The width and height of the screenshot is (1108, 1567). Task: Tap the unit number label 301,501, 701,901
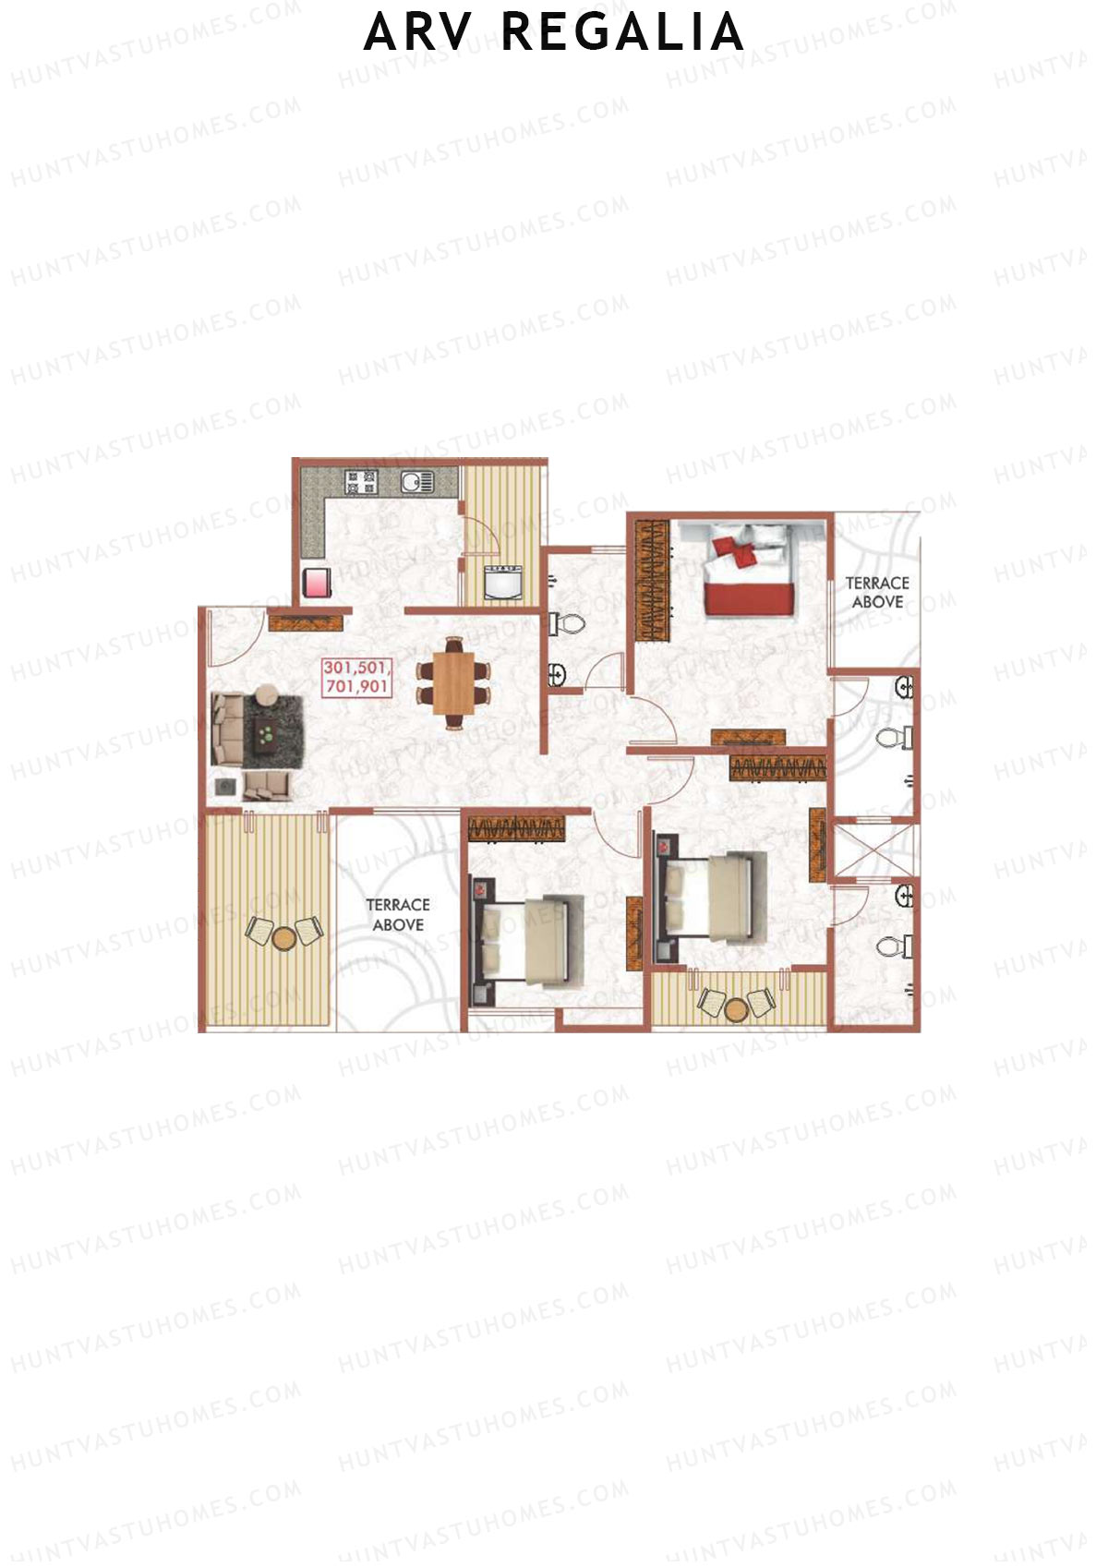(x=357, y=676)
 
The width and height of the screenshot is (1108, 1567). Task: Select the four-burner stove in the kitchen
(x=361, y=481)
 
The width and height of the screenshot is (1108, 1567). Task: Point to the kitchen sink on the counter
(x=416, y=481)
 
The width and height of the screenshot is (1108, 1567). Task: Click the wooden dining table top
(x=452, y=681)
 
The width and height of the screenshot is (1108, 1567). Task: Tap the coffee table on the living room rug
(x=266, y=735)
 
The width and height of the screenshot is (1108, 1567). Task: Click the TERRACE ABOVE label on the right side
(x=877, y=592)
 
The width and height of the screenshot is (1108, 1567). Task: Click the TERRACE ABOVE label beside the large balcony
(x=398, y=914)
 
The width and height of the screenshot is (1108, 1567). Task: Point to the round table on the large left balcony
(x=283, y=937)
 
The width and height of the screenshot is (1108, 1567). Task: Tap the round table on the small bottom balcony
(x=735, y=1010)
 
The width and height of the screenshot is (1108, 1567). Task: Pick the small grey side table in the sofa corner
(x=225, y=787)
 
